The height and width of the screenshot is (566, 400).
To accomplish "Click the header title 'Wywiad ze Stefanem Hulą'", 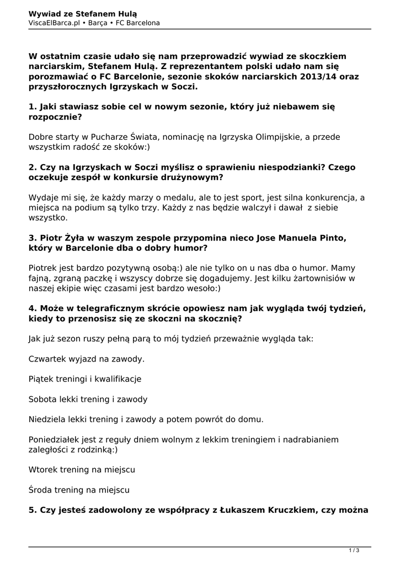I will click(x=83, y=13).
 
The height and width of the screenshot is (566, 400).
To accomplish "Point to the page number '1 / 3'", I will click(x=354, y=550).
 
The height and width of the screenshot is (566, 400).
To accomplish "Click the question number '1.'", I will click(x=33, y=107).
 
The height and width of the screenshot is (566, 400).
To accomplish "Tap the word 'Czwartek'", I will click(x=49, y=359).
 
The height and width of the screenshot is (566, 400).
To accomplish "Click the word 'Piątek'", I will click(x=42, y=379).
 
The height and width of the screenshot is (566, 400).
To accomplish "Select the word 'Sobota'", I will click(x=44, y=399).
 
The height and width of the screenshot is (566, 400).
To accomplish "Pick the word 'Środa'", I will click(x=41, y=490).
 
